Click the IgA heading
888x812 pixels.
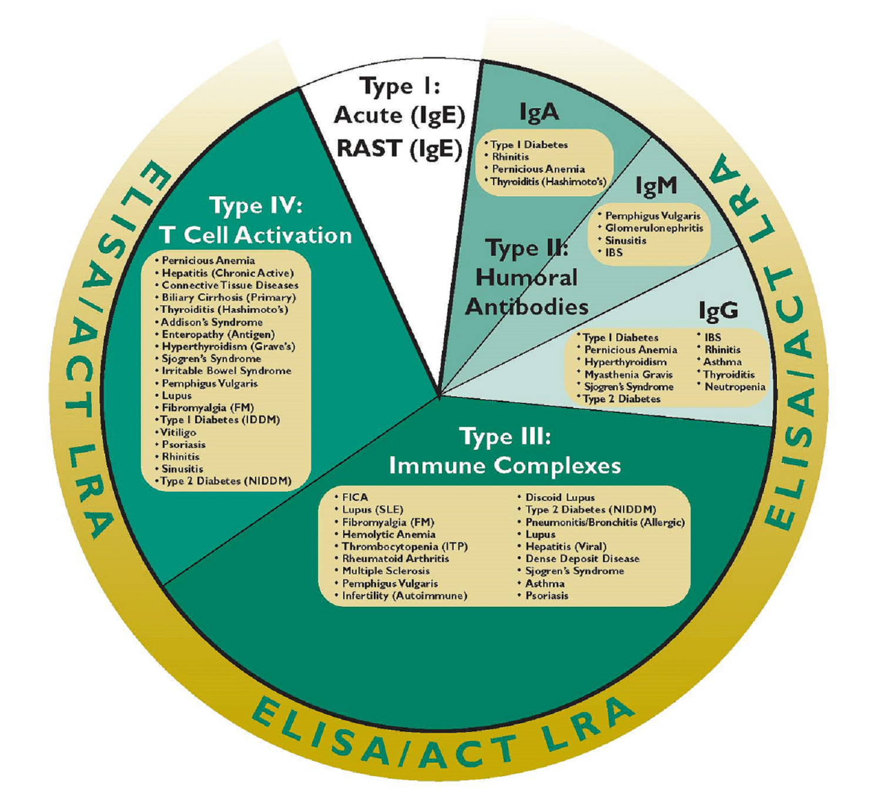coord(539,112)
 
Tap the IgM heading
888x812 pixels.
coord(656,186)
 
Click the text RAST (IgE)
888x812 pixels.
coord(400,149)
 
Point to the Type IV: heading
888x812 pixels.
coord(256,206)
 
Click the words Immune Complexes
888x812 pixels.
coord(505,466)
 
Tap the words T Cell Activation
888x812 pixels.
coord(256,235)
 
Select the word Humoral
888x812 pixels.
coord(527,278)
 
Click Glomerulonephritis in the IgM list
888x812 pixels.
coord(654,228)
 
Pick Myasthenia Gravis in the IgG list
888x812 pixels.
coord(628,375)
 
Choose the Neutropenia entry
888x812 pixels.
coord(735,387)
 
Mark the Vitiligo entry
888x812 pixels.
coord(179,432)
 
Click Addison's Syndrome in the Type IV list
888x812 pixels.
coord(212,322)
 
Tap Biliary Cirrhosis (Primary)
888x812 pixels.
coord(229,298)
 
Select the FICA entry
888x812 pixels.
coord(355,497)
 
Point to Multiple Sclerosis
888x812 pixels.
coord(386,571)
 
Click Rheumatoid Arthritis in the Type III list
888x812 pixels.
coord(396,559)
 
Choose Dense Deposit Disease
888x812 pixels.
coord(582,559)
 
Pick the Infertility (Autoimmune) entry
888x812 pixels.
coord(404,596)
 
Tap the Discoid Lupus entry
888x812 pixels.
coord(559,497)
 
